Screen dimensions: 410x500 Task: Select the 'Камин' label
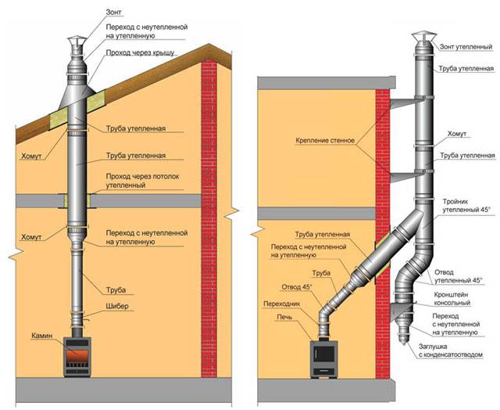click(42, 336)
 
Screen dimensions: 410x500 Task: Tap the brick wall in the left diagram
click(210, 219)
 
